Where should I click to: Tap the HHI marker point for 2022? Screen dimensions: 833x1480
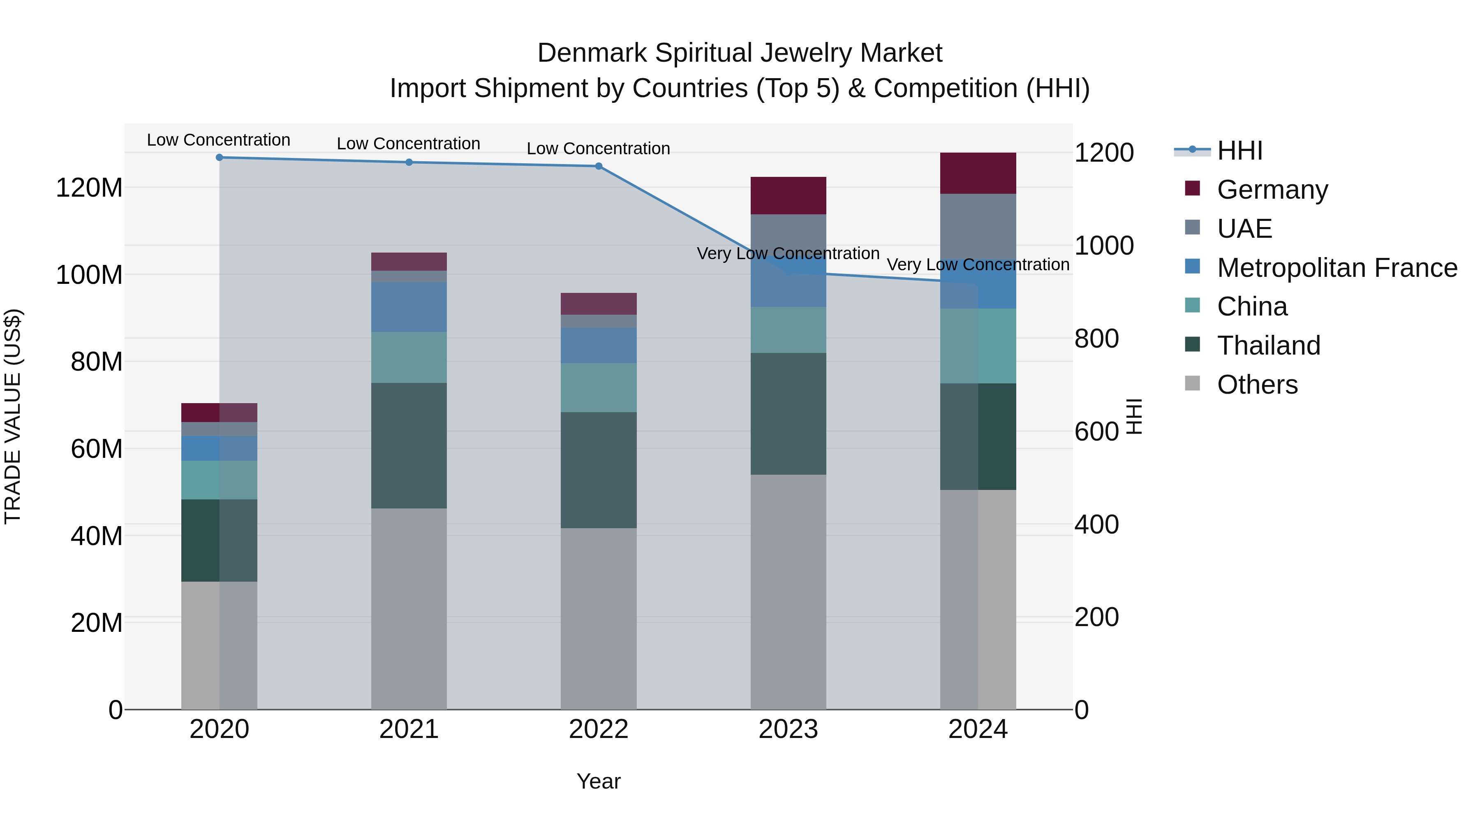point(598,166)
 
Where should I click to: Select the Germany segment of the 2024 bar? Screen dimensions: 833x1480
point(978,173)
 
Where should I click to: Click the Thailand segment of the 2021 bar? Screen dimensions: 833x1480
point(409,446)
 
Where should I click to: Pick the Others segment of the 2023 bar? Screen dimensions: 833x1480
point(788,592)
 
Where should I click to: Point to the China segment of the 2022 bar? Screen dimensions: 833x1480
point(598,387)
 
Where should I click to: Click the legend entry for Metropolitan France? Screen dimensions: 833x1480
point(1337,268)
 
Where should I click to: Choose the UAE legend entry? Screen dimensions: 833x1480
point(1244,229)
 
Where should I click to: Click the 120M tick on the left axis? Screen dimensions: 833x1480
point(89,188)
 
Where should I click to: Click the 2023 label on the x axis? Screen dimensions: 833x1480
point(788,729)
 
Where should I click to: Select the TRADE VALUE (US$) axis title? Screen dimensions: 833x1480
point(13,416)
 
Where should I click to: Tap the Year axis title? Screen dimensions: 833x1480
point(598,781)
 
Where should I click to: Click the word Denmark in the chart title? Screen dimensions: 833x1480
point(591,53)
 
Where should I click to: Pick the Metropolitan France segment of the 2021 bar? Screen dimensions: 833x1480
point(409,307)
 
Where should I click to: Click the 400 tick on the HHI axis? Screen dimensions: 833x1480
point(1096,524)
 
